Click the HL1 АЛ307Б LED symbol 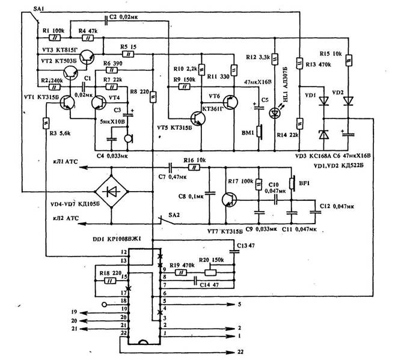click(276, 111)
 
